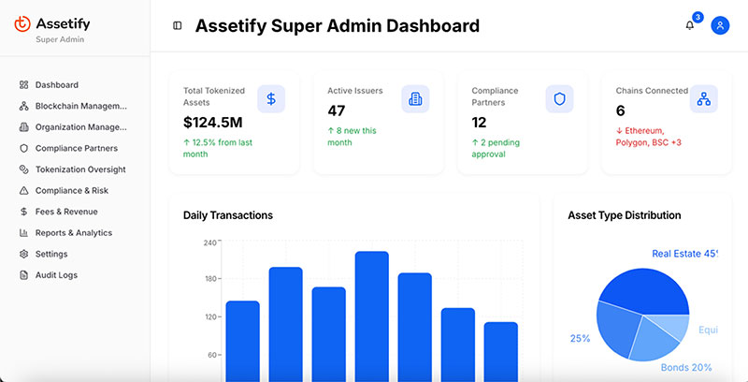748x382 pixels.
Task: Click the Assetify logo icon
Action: pos(23,23)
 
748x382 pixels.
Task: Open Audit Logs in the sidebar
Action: pos(56,275)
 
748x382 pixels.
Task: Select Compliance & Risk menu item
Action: pos(71,190)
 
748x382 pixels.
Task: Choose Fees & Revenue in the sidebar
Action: pos(65,212)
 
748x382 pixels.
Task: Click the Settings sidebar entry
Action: pos(50,254)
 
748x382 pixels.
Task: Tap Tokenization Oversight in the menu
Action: pos(79,169)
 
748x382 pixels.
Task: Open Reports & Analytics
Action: pos(73,233)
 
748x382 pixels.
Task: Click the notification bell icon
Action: pos(690,25)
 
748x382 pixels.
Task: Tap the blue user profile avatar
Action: pos(720,25)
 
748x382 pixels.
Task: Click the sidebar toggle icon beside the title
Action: pos(178,25)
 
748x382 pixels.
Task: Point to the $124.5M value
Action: pos(213,122)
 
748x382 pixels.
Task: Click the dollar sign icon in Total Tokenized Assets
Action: pos(271,98)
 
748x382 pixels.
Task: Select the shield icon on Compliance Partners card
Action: pos(559,98)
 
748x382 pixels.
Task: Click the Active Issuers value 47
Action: pos(337,110)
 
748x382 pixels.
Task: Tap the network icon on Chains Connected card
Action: pos(703,98)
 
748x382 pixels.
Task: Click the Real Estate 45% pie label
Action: pos(683,254)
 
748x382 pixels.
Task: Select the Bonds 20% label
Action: pos(686,368)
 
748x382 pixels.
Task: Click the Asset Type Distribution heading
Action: pos(624,215)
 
